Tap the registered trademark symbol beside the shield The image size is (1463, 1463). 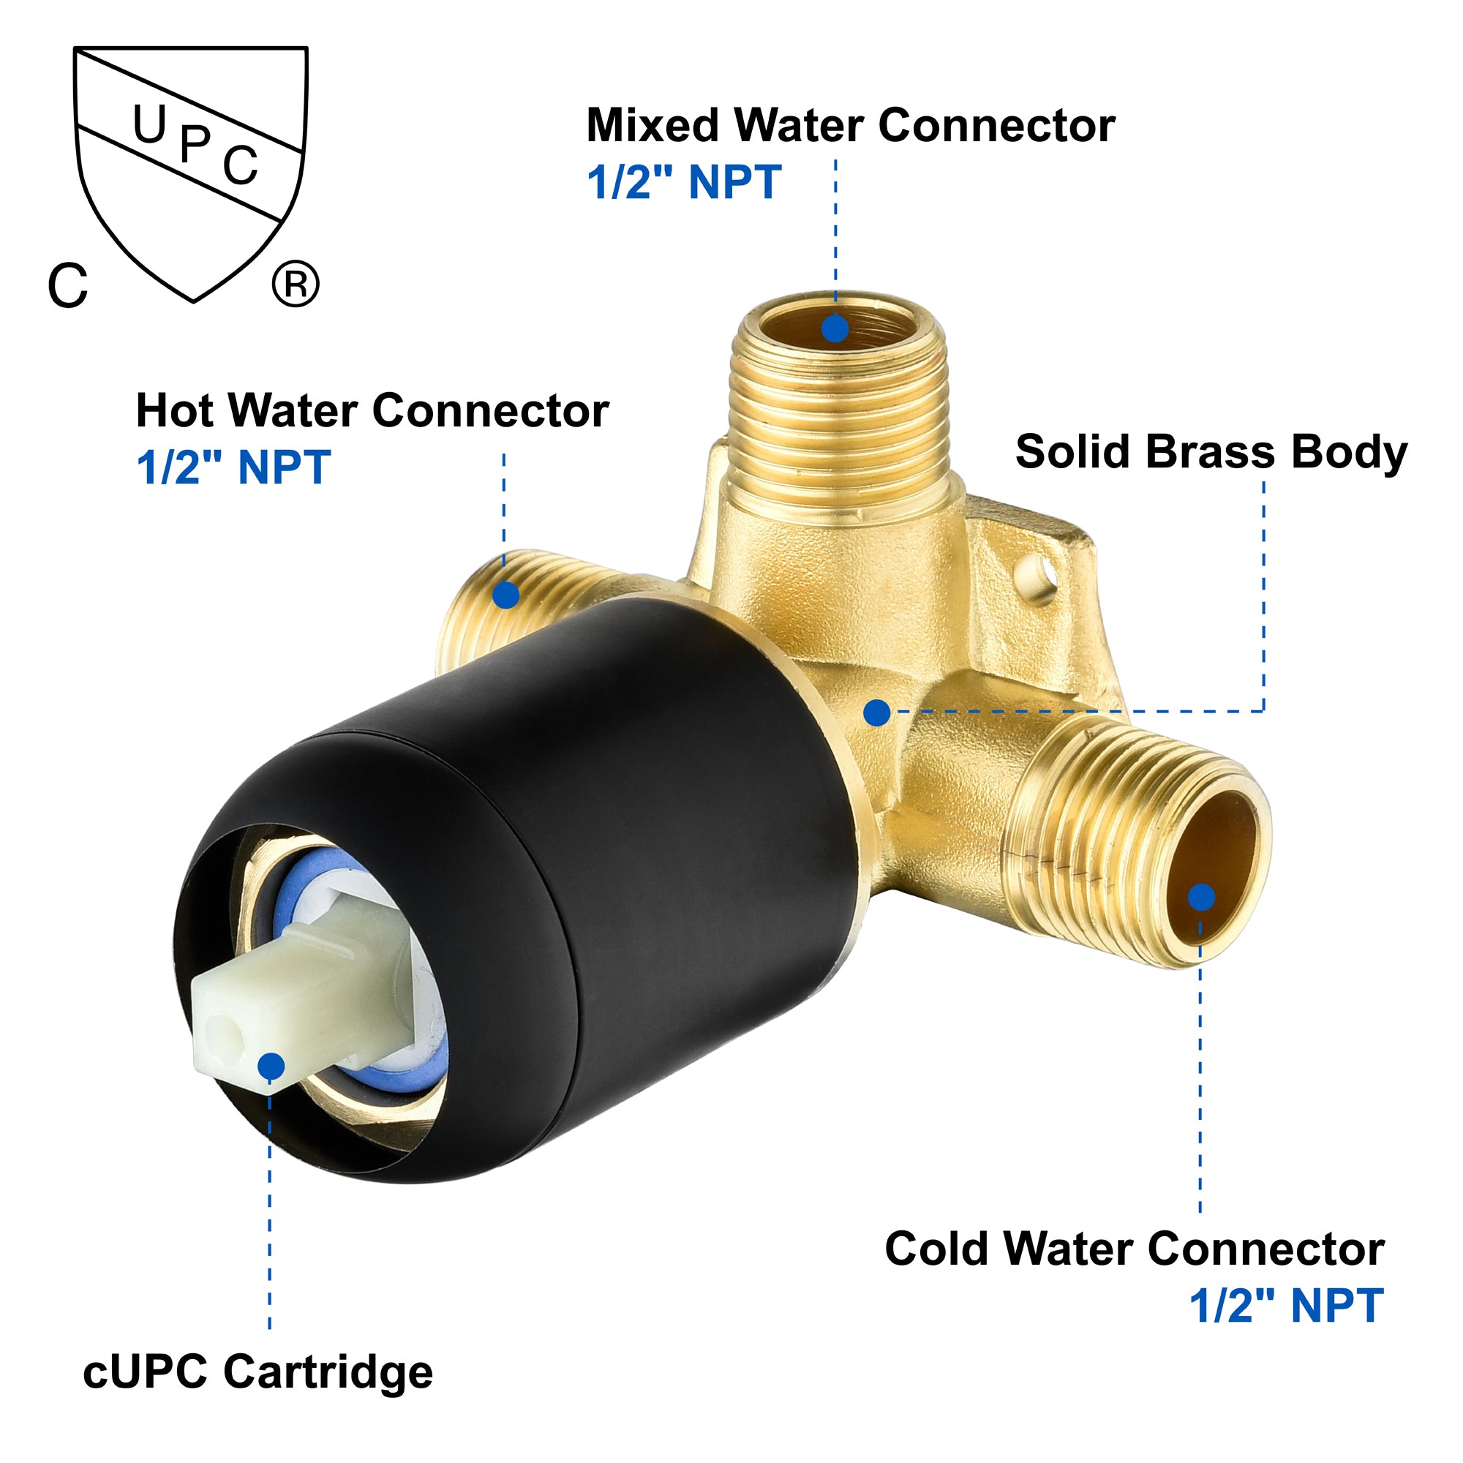coord(296,284)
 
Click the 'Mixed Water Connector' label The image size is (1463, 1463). coord(851,125)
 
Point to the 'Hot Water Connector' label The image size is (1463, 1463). coord(372,410)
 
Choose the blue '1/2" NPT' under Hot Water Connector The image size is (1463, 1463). coord(233,467)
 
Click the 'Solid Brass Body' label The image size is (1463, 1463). coord(1211,452)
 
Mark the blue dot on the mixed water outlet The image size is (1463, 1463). coord(835,328)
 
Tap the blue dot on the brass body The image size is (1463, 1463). coord(876,712)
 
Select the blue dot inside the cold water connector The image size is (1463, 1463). coord(1201,898)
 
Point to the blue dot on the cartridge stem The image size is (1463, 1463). coord(271,1067)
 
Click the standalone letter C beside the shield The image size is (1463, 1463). coord(68,285)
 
